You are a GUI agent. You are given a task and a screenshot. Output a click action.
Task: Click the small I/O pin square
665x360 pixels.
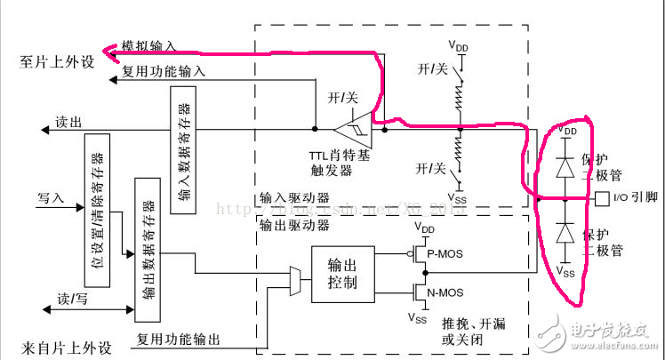click(x=601, y=196)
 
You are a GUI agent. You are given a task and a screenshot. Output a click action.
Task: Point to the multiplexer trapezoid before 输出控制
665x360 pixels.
click(x=295, y=280)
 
